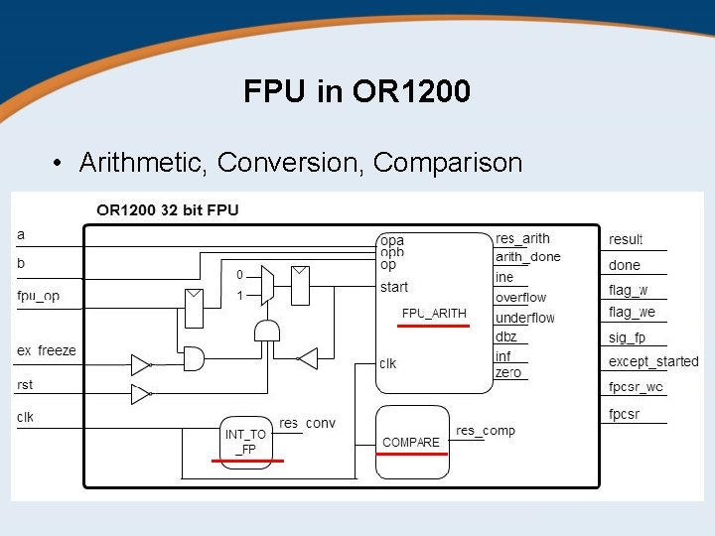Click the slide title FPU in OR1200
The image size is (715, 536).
pos(357,92)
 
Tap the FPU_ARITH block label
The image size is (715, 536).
pos(434,314)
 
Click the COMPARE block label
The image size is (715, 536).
pos(411,442)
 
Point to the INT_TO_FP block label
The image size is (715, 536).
pos(246,442)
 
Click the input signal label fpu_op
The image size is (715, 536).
pos(38,296)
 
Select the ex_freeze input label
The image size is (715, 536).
pos(47,350)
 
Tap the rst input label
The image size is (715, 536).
pos(25,385)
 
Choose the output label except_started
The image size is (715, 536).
pos(653,361)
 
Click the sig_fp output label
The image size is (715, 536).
pos(628,337)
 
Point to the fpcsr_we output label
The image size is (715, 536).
pos(636,386)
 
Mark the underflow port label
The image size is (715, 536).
pos(525,318)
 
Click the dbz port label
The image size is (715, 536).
pos(506,337)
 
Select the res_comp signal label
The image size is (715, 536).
pos(486,431)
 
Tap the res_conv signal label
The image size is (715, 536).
pos(307,424)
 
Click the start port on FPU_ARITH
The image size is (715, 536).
pos(394,288)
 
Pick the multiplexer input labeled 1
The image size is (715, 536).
pos(239,296)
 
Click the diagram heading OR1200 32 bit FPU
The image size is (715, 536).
pos(168,209)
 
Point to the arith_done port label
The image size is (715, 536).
pos(528,257)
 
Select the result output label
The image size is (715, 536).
pos(626,239)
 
